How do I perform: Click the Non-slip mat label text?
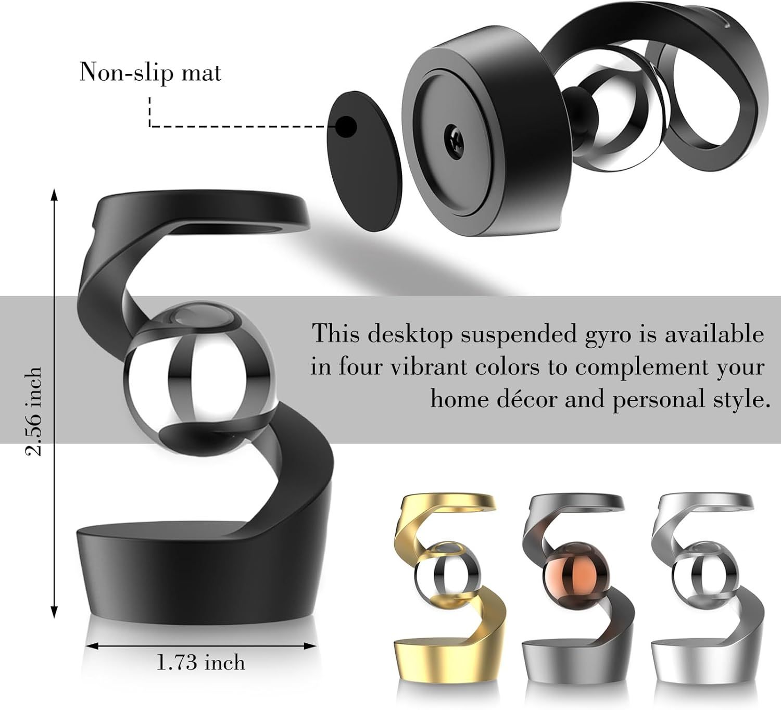coord(150,72)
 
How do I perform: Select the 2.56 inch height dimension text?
coord(34,411)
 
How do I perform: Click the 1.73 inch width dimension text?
coord(200,663)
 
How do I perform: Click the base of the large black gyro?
coord(203,573)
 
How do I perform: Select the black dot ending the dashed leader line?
coord(346,126)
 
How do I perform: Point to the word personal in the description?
coord(660,400)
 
